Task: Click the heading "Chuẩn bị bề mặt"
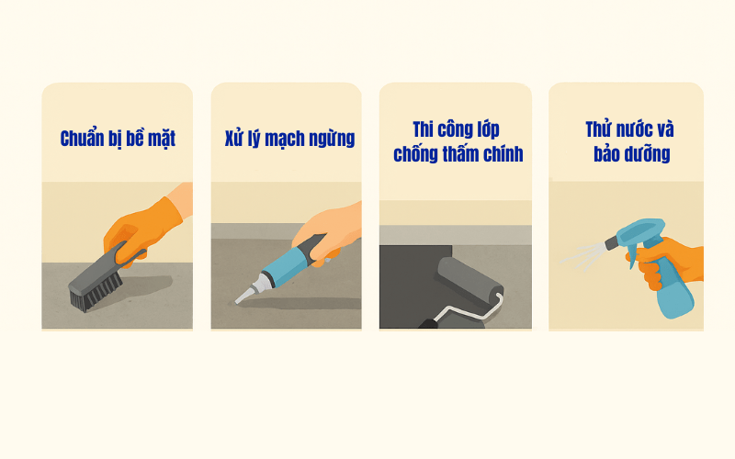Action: point(118,139)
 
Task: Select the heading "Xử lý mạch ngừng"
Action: point(289,139)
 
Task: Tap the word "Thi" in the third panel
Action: point(424,129)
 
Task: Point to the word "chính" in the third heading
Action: point(503,154)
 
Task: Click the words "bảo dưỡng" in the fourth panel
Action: point(632,154)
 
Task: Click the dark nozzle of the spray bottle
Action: point(611,242)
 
